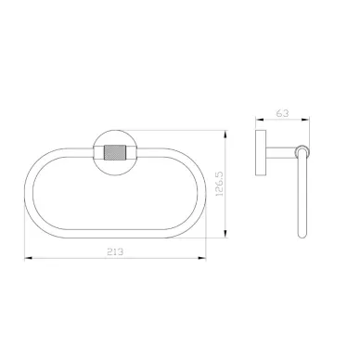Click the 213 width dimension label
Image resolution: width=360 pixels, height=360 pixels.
[115, 251]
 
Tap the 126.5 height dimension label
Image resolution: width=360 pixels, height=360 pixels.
[219, 184]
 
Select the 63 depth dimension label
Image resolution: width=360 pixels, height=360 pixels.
[282, 113]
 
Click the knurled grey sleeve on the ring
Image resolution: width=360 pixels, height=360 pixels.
[115, 152]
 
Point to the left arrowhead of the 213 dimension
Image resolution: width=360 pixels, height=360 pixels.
[29, 258]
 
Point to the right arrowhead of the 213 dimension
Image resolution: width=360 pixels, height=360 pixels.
[202, 258]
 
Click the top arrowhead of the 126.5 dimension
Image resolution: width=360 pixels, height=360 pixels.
[225, 135]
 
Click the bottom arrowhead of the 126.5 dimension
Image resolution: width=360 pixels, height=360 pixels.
[225, 234]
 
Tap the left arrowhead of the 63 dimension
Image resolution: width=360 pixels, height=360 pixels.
[260, 119]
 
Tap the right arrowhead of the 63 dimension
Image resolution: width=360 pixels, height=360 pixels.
[305, 119]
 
